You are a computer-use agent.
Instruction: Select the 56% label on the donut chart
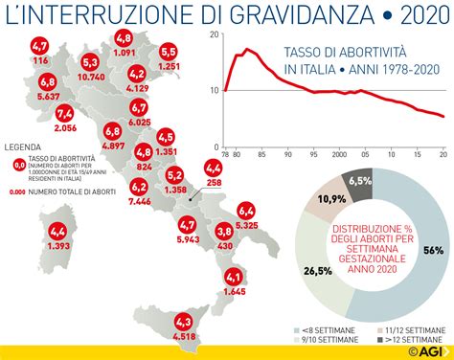tap(433, 249)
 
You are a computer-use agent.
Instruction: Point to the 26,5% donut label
tap(319, 271)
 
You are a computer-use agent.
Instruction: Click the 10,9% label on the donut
tap(330, 200)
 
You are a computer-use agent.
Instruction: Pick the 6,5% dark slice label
tap(360, 180)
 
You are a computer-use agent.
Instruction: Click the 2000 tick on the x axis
tap(338, 153)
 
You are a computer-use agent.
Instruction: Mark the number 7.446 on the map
tap(140, 203)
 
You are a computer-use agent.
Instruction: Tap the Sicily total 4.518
tap(184, 335)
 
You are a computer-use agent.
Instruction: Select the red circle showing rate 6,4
tap(246, 211)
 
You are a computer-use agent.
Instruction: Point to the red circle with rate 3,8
tap(224, 231)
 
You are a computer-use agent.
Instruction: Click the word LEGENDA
tap(23, 146)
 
